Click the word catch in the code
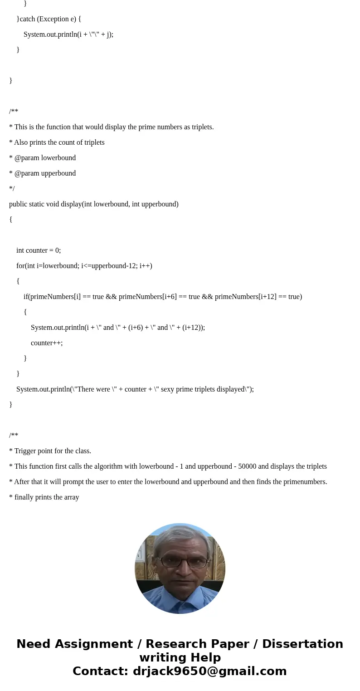coord(27,19)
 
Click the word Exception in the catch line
coord(53,19)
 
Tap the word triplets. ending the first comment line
coord(203,127)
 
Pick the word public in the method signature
coord(18,204)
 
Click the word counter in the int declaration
coord(37,250)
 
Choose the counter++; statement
coord(47,343)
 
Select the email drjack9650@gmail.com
coord(209,671)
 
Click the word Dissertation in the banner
coord(302,644)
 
